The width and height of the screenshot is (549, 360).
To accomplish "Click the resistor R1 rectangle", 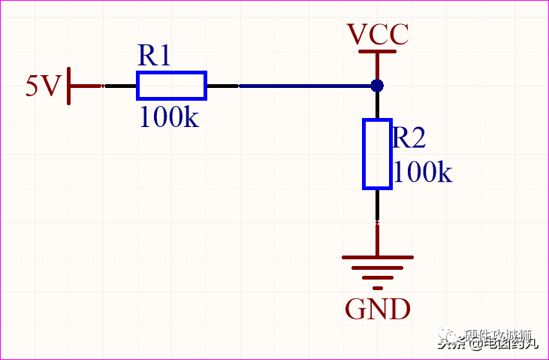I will [x=171, y=86].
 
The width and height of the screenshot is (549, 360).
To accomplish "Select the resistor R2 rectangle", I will [x=377, y=153].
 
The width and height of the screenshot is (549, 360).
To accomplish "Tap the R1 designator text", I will [x=155, y=56].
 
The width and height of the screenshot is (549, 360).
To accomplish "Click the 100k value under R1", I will [x=169, y=117].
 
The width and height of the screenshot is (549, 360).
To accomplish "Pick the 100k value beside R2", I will [x=423, y=172].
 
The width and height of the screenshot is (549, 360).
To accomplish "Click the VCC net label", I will [x=377, y=34].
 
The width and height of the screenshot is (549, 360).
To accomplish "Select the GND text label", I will [x=377, y=309].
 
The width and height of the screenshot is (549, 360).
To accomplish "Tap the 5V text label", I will [x=42, y=86].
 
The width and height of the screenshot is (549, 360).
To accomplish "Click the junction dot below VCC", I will [x=377, y=86].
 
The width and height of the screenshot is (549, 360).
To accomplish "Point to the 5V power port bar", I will [x=70, y=86].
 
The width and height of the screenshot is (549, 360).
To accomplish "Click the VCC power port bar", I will [x=377, y=52].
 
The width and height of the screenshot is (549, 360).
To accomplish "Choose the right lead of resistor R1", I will [x=222, y=86].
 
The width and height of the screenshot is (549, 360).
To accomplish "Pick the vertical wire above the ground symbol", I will [x=377, y=238].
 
